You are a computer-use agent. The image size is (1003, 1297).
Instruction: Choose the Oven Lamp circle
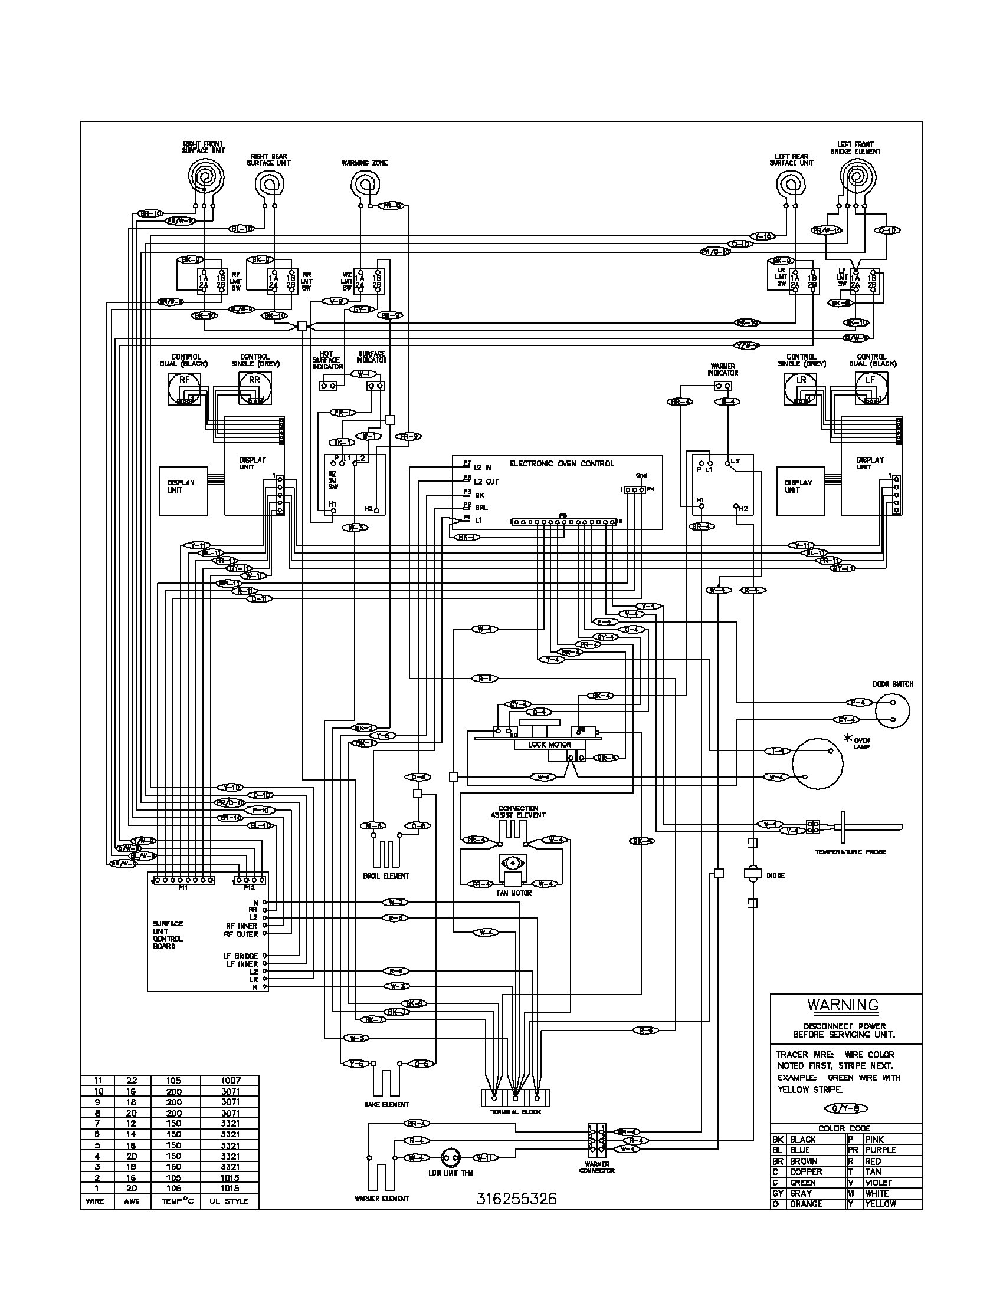click(x=818, y=763)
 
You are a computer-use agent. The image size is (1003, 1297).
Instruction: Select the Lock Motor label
click(x=550, y=744)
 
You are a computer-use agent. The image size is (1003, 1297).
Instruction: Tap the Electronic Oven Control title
click(x=562, y=463)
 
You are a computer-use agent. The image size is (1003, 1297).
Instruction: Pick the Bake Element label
click(x=386, y=1105)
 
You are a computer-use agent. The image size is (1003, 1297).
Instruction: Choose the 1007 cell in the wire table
click(x=229, y=1080)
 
